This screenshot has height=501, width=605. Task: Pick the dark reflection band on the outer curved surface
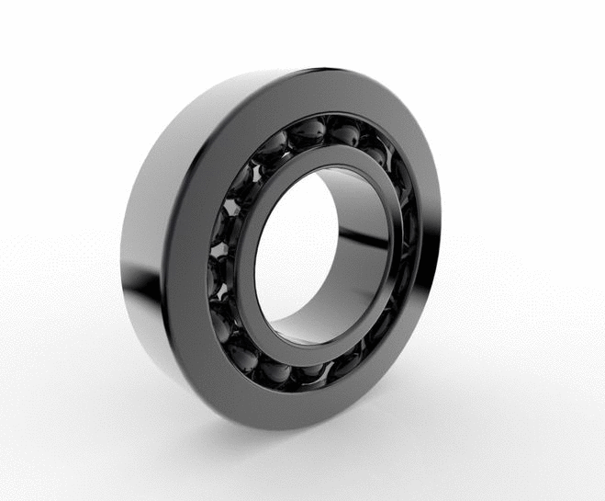coord(138,294)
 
